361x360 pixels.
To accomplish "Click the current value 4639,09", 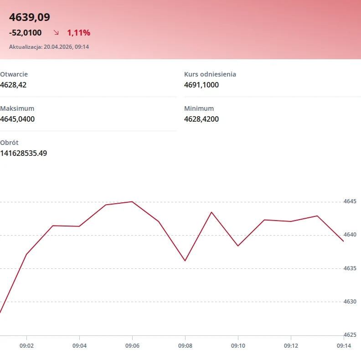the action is [30, 17].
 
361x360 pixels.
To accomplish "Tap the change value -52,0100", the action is [26, 33].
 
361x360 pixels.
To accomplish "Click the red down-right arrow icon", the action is [56, 32].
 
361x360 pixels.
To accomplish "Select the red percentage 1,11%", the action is [78, 33].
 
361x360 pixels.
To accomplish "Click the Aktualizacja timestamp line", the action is [49, 47].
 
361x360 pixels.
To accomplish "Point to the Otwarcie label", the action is [14, 74].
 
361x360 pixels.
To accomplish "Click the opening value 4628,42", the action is [13, 85].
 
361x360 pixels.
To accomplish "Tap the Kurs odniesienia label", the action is [210, 74].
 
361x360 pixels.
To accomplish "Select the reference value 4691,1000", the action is [201, 85].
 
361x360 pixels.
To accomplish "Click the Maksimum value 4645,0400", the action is [17, 119].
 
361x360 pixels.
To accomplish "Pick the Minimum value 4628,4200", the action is [201, 119].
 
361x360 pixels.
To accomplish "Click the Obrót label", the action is [9, 143].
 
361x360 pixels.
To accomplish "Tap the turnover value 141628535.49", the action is [24, 153].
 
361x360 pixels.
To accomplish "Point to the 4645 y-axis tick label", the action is [350, 201].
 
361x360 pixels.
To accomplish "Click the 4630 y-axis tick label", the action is [350, 302].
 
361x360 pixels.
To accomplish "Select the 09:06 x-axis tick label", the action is [132, 346].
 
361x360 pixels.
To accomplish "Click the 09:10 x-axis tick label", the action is [238, 346].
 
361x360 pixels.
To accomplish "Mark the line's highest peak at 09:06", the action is [132, 201].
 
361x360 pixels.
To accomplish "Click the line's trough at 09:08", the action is [185, 261].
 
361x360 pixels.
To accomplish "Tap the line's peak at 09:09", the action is [211, 212].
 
